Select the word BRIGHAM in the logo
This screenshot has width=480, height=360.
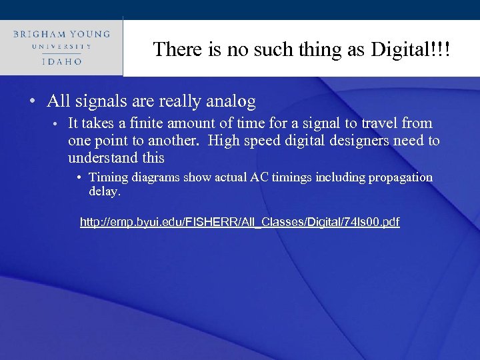(x=41, y=33)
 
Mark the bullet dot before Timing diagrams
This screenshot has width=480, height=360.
(x=79, y=178)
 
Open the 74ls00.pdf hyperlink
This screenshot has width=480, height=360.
(x=239, y=222)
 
